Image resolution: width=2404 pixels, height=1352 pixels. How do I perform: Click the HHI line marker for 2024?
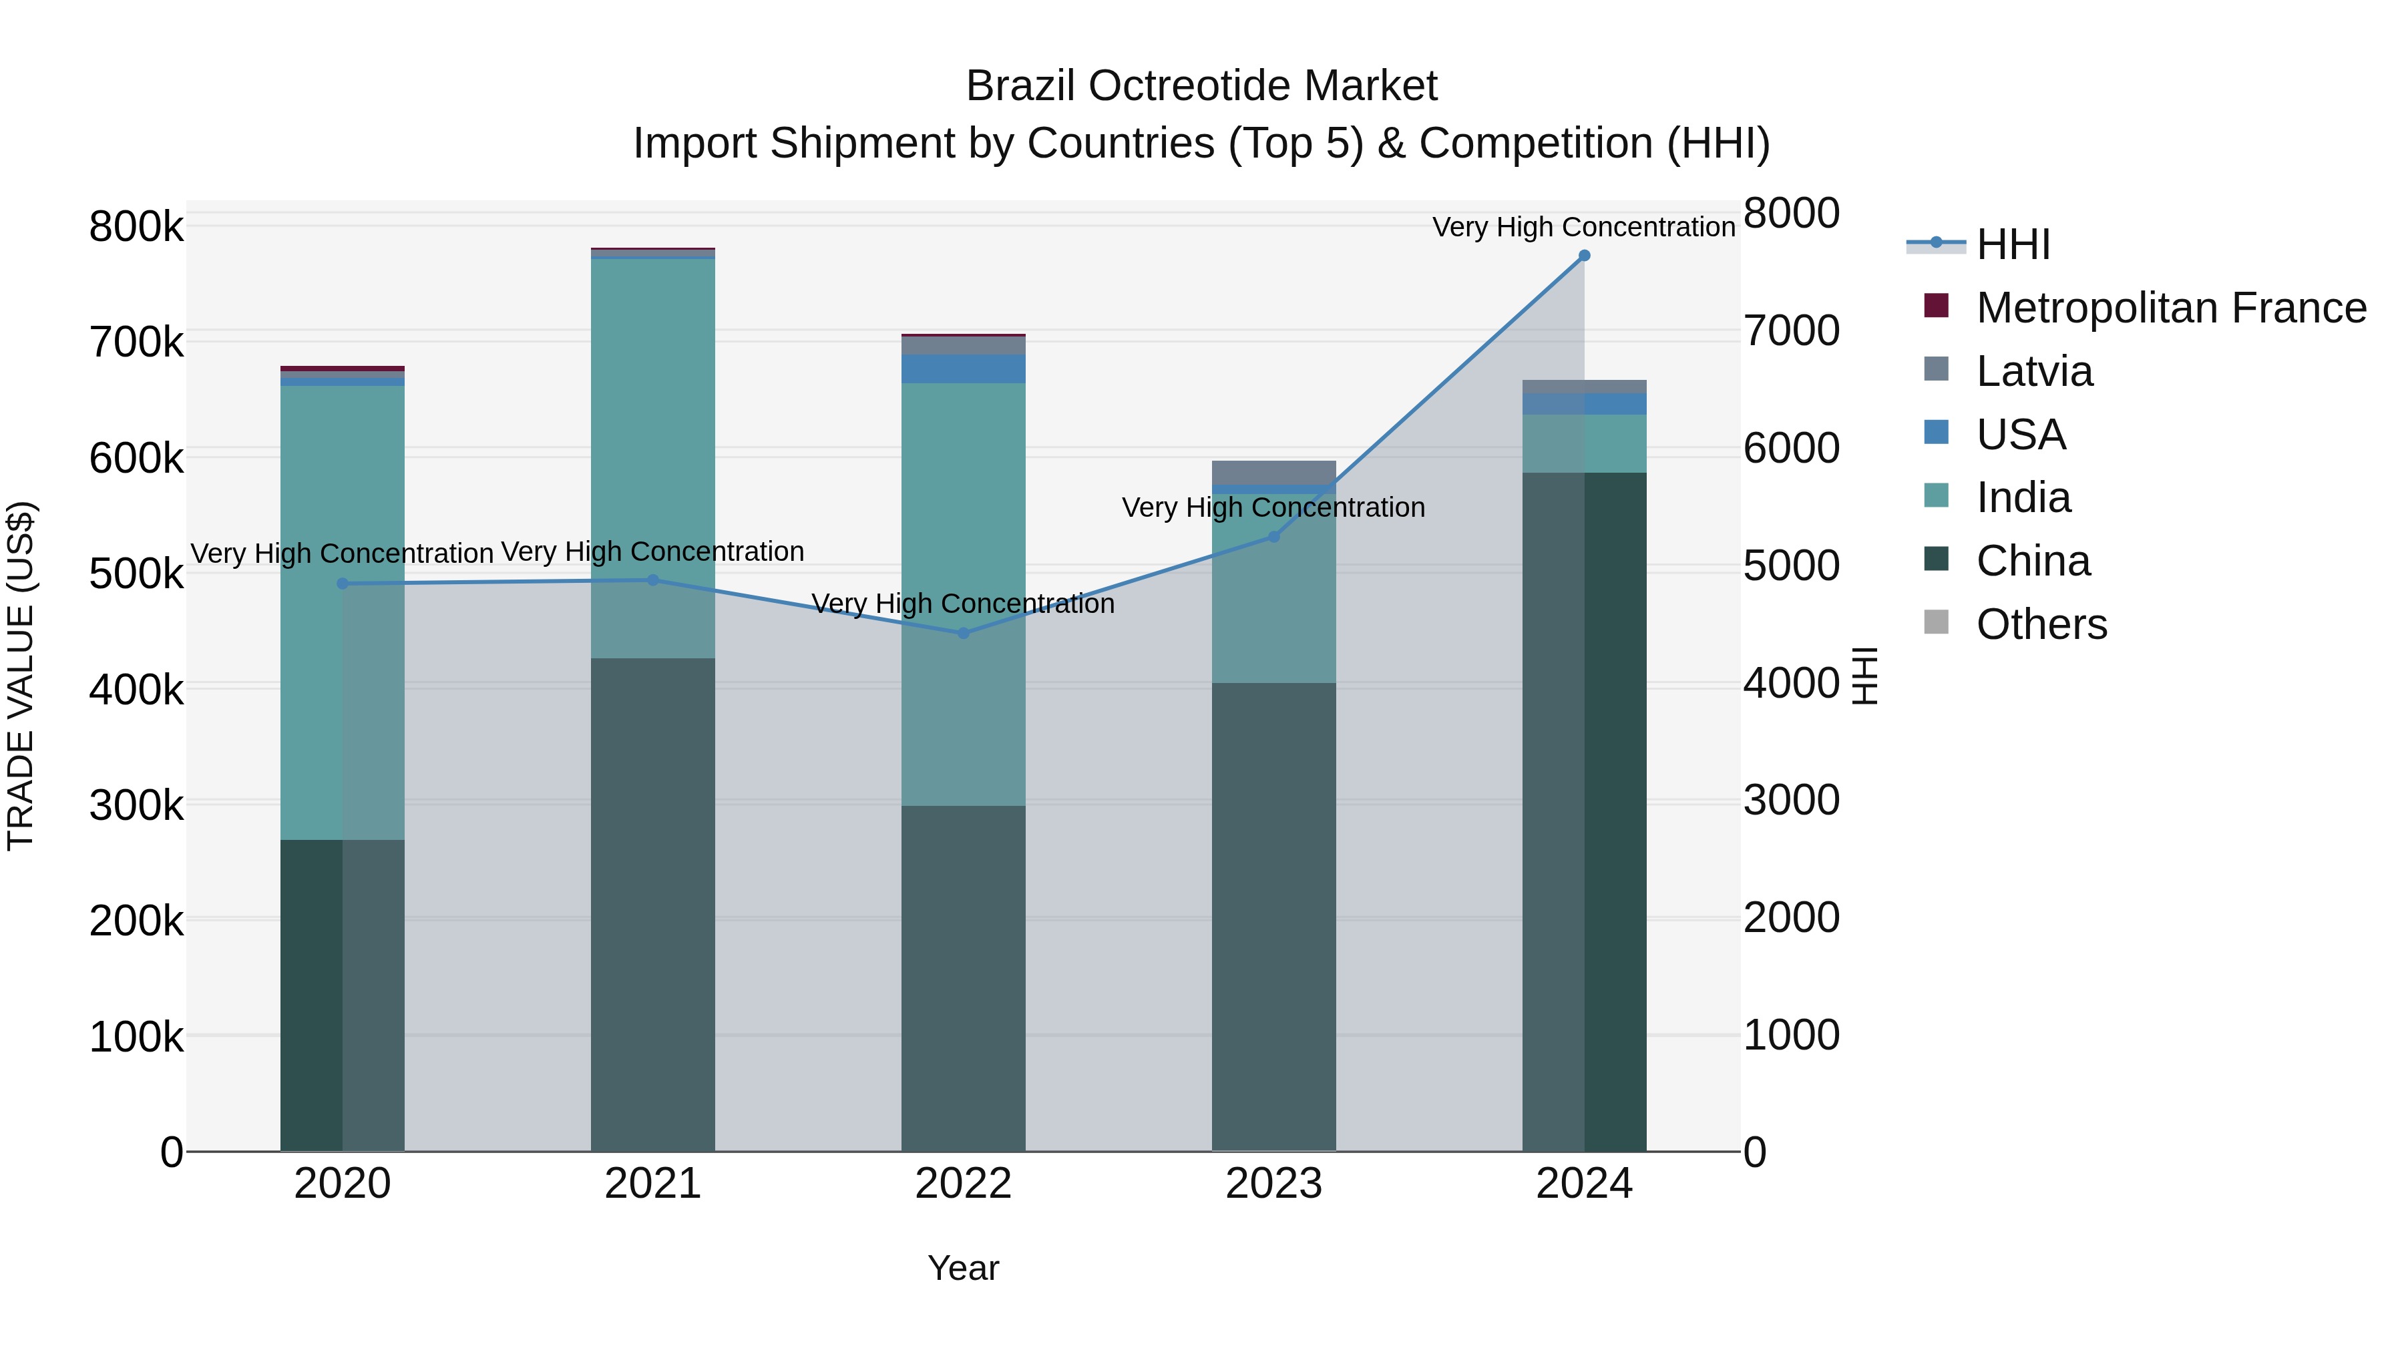1584,256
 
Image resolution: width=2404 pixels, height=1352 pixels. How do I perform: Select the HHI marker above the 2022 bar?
963,633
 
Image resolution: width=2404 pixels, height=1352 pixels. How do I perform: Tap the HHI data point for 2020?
343,583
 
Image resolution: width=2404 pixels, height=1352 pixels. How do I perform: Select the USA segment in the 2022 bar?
963,369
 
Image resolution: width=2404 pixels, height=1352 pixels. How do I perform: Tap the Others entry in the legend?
2041,624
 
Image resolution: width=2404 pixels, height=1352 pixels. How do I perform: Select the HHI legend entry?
2012,244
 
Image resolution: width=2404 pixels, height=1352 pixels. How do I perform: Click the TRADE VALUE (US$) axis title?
21,676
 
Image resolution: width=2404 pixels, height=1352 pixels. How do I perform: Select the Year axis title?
963,1268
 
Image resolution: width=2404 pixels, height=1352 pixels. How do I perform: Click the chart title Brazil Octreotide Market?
1201,86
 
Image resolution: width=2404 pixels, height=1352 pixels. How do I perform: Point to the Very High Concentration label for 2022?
963,604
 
